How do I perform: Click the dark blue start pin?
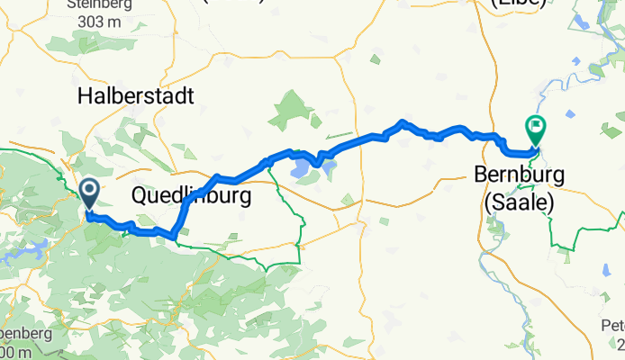90,192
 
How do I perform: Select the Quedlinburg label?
190,195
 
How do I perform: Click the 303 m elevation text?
99,23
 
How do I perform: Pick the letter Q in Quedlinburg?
140,195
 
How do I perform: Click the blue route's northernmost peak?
403,121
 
